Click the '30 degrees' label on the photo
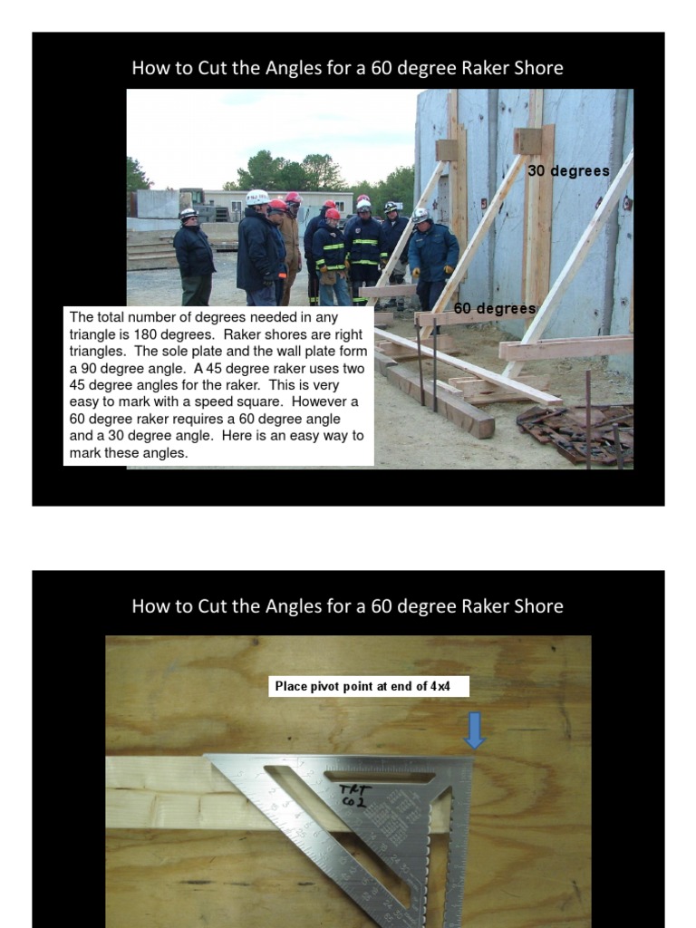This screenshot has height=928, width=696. click(x=568, y=170)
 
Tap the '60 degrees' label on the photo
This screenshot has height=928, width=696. click(x=495, y=309)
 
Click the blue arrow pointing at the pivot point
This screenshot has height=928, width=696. click(x=474, y=730)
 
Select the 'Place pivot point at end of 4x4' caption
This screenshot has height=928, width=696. click(x=369, y=686)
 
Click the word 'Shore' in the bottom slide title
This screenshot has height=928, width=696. click(x=538, y=606)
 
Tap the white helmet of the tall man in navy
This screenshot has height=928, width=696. click(x=256, y=197)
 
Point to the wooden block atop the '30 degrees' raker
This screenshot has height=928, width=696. click(x=527, y=141)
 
